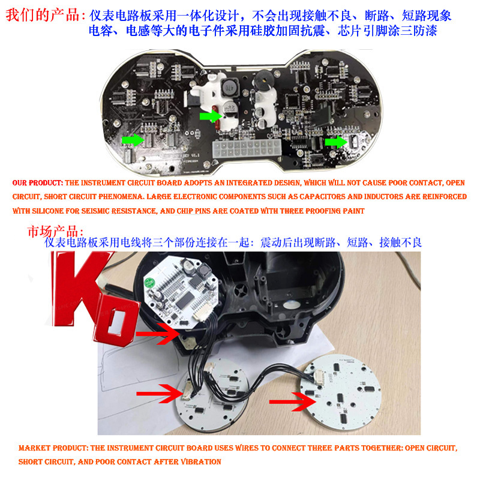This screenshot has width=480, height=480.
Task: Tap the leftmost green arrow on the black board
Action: click(133, 140)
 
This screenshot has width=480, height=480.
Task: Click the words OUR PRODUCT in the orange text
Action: click(37, 183)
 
